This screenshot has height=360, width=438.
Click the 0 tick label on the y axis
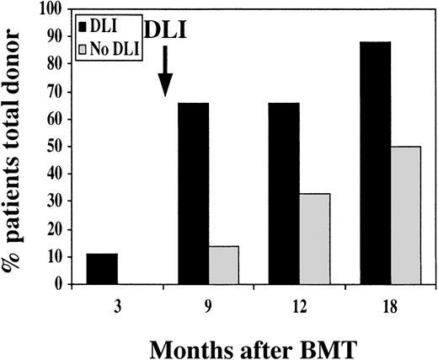[62, 284]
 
